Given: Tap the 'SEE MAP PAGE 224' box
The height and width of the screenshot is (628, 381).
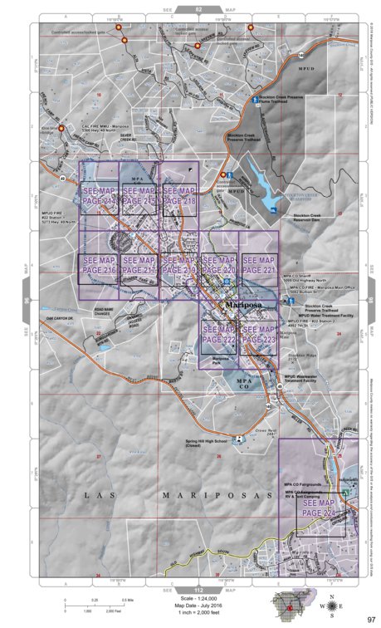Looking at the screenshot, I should pyautogui.click(x=319, y=508).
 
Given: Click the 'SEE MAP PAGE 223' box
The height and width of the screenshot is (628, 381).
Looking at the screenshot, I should pyautogui.click(x=259, y=336).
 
